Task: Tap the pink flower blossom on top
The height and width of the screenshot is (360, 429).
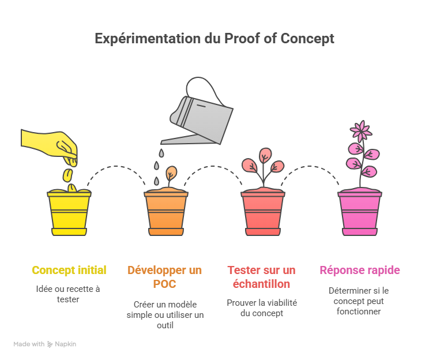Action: click(361, 131)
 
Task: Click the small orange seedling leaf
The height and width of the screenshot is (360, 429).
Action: click(171, 173)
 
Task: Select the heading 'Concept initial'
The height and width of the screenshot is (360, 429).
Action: click(69, 270)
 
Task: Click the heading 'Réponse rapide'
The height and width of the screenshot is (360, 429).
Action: click(360, 270)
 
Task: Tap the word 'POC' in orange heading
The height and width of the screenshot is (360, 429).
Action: click(164, 284)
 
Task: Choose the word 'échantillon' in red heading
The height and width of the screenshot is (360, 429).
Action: click(261, 284)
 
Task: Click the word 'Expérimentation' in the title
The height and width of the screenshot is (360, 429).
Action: click(148, 39)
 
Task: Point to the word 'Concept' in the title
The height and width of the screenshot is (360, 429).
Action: click(307, 39)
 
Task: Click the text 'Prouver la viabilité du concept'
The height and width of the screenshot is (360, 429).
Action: click(262, 308)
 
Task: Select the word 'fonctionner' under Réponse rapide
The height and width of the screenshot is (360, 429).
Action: click(359, 312)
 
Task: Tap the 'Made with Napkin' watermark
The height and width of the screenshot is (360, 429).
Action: click(45, 344)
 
